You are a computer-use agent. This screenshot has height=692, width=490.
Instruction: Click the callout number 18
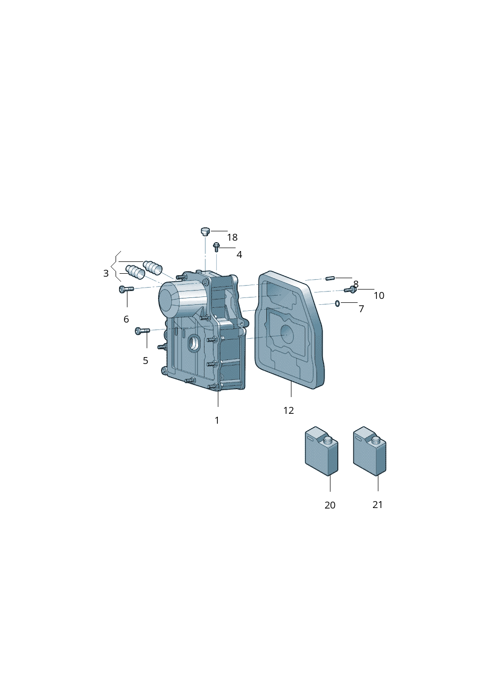pyautogui.click(x=232, y=238)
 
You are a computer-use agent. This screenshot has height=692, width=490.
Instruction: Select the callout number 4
pyautogui.click(x=239, y=255)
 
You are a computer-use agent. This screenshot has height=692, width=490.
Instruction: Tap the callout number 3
pyautogui.click(x=106, y=273)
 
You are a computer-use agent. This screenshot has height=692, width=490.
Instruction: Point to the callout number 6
pyautogui.click(x=126, y=319)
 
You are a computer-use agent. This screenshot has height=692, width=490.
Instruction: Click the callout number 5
pyautogui.click(x=145, y=361)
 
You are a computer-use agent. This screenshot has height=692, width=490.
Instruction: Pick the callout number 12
pyautogui.click(x=288, y=410)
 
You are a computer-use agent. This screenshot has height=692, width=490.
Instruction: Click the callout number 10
pyautogui.click(x=379, y=295)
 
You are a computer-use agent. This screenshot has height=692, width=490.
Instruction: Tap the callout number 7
pyautogui.click(x=361, y=309)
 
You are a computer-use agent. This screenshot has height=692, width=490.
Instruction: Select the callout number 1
pyautogui.click(x=217, y=420)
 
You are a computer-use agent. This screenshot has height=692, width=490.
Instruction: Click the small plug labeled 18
pyautogui.click(x=204, y=231)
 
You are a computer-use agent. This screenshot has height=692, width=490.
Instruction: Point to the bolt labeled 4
pyautogui.click(x=216, y=247)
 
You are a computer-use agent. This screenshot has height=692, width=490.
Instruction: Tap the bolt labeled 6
pyautogui.click(x=126, y=289)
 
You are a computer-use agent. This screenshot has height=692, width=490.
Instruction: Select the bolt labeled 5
pyautogui.click(x=142, y=331)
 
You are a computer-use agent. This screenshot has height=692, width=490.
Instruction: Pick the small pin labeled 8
pyautogui.click(x=330, y=279)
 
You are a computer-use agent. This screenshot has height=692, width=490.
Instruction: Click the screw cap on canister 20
pyautogui.click(x=328, y=441)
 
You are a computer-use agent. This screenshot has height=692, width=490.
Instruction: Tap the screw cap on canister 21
pyautogui.click(x=376, y=441)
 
